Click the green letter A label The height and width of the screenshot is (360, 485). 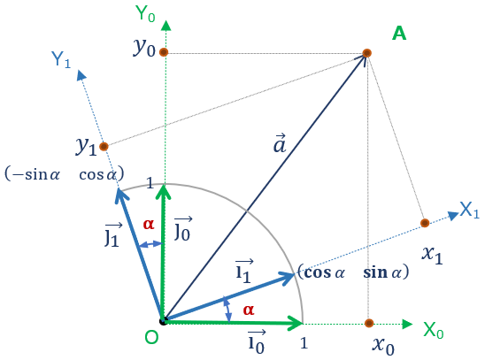[x=399, y=33]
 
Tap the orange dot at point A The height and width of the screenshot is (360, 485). [x=366, y=53]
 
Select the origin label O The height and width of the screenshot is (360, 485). [x=151, y=337]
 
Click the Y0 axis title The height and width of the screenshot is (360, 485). [x=145, y=13]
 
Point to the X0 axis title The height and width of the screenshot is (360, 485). [x=434, y=330]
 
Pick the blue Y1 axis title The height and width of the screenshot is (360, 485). [x=61, y=59]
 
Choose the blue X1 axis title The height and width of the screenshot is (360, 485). [x=470, y=211]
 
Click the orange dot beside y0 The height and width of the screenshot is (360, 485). [x=164, y=52]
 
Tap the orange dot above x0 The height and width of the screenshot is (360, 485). [x=369, y=323]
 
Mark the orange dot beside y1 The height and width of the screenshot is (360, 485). [x=104, y=147]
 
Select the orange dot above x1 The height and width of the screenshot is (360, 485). [x=425, y=223]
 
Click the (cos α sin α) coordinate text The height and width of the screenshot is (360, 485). [x=353, y=272]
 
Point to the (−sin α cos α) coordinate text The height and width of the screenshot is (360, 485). [x=65, y=174]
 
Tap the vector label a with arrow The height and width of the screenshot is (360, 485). [x=280, y=143]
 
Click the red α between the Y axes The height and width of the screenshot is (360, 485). [x=149, y=224]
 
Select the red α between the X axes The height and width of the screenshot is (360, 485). [x=249, y=310]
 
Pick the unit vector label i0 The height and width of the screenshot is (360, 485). [x=257, y=341]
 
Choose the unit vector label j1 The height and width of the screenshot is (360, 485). [x=112, y=235]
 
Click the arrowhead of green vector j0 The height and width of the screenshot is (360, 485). [x=164, y=191]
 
